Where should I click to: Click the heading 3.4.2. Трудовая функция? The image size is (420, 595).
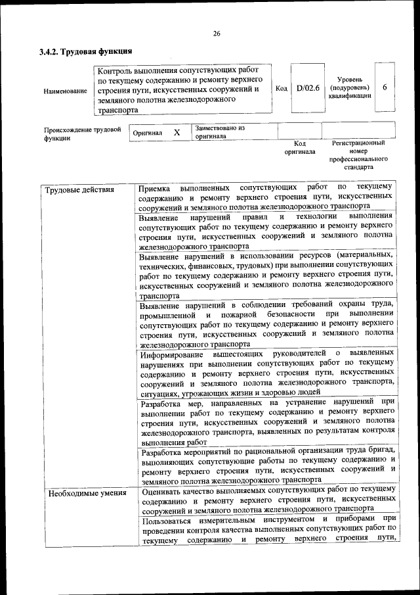click(86, 51)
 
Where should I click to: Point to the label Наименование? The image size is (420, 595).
click(65, 90)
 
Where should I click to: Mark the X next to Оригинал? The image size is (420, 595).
click(177, 133)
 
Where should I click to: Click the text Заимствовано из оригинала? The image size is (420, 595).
click(219, 132)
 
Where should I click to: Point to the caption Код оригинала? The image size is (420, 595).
click(299, 147)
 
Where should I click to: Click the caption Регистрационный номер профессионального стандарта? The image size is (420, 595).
click(358, 155)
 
